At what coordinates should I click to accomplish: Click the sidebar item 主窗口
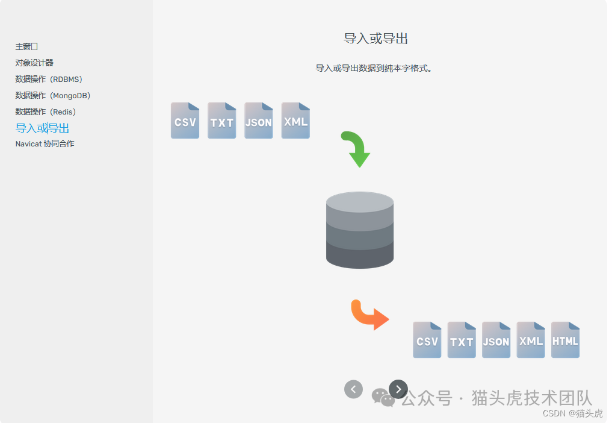pyautogui.click(x=27, y=46)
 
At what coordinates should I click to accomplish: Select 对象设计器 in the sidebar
pyautogui.click(x=34, y=63)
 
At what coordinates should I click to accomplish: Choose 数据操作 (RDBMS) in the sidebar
pyautogui.click(x=49, y=79)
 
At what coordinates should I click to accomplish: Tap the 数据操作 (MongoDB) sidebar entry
pyautogui.click(x=53, y=95)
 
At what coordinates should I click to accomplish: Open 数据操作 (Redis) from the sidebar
pyautogui.click(x=46, y=111)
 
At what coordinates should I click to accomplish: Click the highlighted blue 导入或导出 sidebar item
pyautogui.click(x=42, y=128)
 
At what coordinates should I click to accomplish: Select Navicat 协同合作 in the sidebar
pyautogui.click(x=45, y=144)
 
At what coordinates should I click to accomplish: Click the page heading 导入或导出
pyautogui.click(x=376, y=39)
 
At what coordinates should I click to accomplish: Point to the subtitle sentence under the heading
pyautogui.click(x=374, y=69)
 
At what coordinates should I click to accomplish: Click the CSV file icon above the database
pyautogui.click(x=185, y=121)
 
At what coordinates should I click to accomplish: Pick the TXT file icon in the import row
pyautogui.click(x=221, y=121)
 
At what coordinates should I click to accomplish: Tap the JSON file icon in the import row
pyautogui.click(x=259, y=121)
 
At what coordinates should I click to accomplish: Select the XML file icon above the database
pyautogui.click(x=295, y=121)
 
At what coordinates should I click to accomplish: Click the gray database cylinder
pyautogui.click(x=360, y=230)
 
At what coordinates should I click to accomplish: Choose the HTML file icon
pyautogui.click(x=565, y=340)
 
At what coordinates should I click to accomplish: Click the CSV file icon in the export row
pyautogui.click(x=427, y=340)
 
